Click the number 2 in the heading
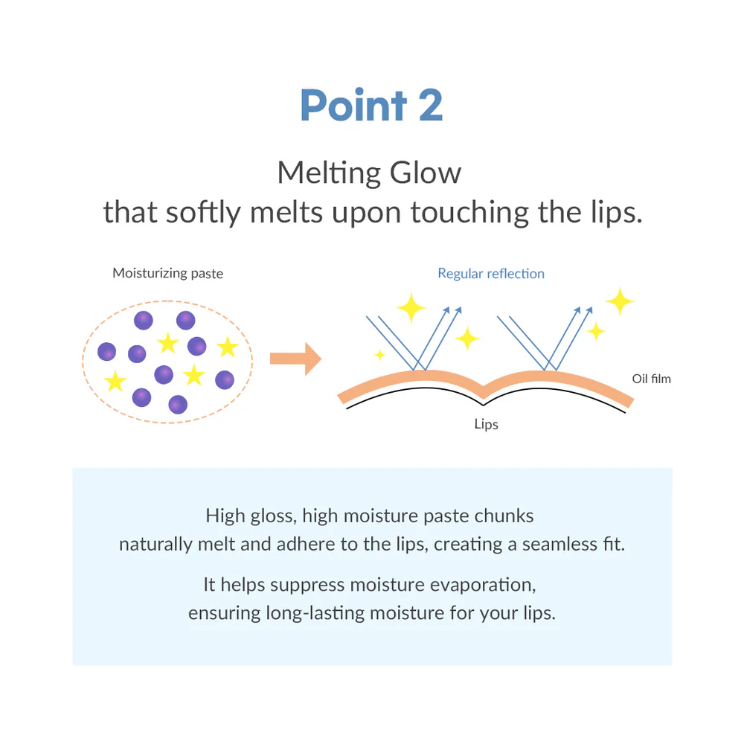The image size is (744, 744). pos(431,105)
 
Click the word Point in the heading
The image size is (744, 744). pos(353,105)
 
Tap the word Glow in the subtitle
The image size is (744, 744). pos(425,173)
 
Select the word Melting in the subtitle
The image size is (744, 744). pos(329,173)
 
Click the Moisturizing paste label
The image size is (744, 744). pos(167,273)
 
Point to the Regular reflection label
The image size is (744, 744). pos(490,273)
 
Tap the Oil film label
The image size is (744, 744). pos(651,379)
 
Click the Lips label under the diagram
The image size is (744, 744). pos(486,424)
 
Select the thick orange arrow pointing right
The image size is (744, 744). pos(295,359)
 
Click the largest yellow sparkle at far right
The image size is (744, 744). pos(620,301)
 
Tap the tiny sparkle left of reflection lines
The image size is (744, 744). pos(379,354)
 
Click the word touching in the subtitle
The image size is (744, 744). pos(469,213)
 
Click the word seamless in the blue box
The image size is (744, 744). pos(559,545)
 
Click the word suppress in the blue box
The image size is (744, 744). pos(307,586)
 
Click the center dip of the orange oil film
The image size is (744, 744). pos(483,392)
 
